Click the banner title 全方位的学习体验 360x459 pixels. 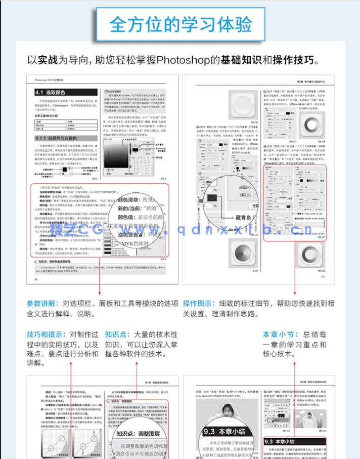click(x=180, y=24)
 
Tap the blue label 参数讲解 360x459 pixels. click(x=42, y=304)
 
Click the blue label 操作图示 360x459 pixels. click(x=198, y=304)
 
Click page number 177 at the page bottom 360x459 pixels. click(x=321, y=277)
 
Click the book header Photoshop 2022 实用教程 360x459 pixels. click(x=50, y=79)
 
